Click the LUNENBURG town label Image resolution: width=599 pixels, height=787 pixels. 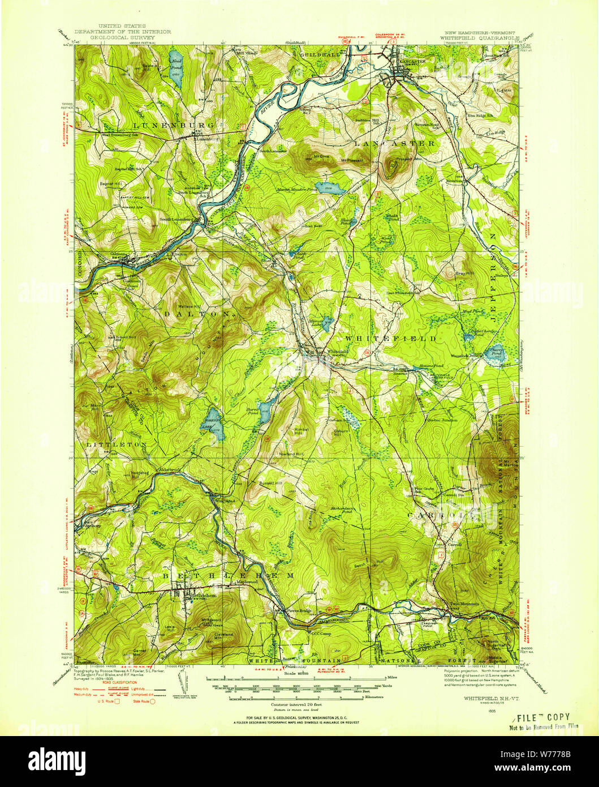point(166,124)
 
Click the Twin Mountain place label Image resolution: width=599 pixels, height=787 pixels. point(464,604)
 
